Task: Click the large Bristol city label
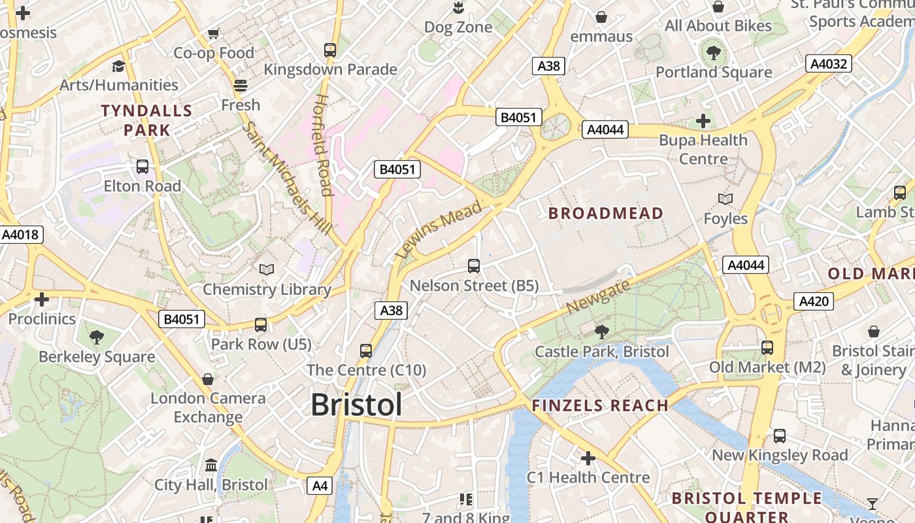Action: coord(356,405)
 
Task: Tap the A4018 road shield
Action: coord(21,235)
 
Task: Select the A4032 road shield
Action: coord(829,63)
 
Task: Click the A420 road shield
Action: coord(813,301)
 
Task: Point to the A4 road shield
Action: coord(320,486)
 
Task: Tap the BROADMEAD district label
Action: coord(605,213)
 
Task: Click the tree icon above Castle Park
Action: coord(601,332)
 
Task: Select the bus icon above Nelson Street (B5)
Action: coord(474,266)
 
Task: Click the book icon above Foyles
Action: coord(725,199)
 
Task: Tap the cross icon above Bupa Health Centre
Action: coord(703,121)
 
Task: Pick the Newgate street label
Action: coord(599,296)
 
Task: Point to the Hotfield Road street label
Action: coord(322,144)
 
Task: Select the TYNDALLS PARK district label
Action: coord(147,120)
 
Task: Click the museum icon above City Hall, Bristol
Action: coord(211,465)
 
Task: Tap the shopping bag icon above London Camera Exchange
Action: coord(208,379)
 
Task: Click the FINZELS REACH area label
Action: coord(600,405)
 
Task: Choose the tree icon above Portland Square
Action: coord(713,52)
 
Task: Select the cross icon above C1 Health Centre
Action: coord(588,458)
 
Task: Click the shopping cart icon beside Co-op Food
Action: coord(213,33)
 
